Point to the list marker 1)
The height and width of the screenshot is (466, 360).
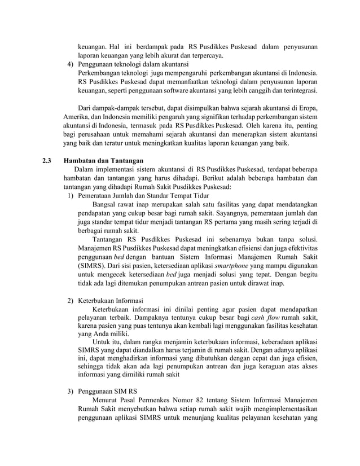pyautogui.click(x=71, y=196)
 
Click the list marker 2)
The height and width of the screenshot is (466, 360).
pyautogui.click(x=71, y=300)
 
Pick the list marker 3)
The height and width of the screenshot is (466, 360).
pyautogui.click(x=71, y=390)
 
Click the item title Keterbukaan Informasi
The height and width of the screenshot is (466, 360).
pyautogui.click(x=111, y=300)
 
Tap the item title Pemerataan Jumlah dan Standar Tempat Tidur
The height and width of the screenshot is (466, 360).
pyautogui.click(x=143, y=196)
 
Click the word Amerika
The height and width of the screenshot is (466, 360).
pyautogui.click(x=59, y=117)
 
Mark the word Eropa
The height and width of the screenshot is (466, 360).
pyautogui.click(x=306, y=108)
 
